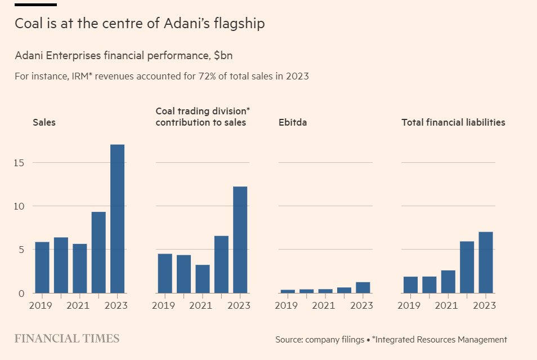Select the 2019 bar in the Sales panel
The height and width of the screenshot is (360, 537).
[42, 268]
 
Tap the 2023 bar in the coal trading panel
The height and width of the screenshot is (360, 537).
[240, 239]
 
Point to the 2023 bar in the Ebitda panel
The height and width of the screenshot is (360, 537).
[363, 287]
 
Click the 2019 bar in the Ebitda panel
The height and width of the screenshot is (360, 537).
[288, 291]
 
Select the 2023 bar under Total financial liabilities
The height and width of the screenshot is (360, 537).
[486, 263]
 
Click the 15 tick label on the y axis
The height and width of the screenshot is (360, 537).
[21, 163]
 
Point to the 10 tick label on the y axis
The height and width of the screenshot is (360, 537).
[21, 206]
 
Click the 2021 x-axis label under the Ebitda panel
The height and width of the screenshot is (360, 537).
[324, 306]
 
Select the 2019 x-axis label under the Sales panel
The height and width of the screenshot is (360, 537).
[40, 306]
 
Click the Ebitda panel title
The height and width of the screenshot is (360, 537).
[293, 122]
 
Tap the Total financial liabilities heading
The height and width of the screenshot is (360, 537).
[453, 122]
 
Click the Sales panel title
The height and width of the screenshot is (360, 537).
[44, 122]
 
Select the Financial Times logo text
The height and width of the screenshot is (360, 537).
[66, 339]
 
